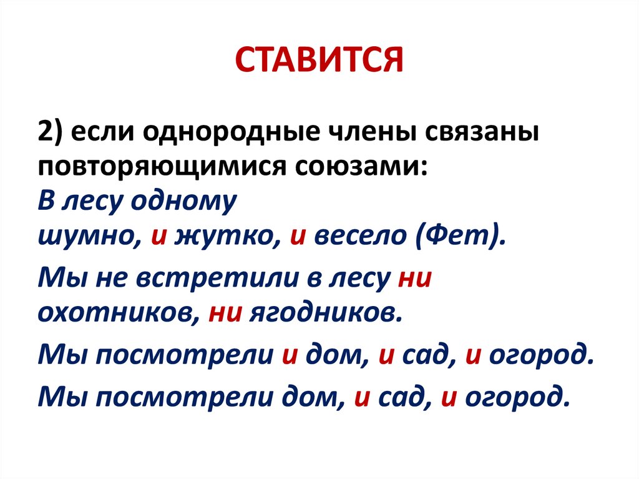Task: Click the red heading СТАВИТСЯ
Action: (319, 61)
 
